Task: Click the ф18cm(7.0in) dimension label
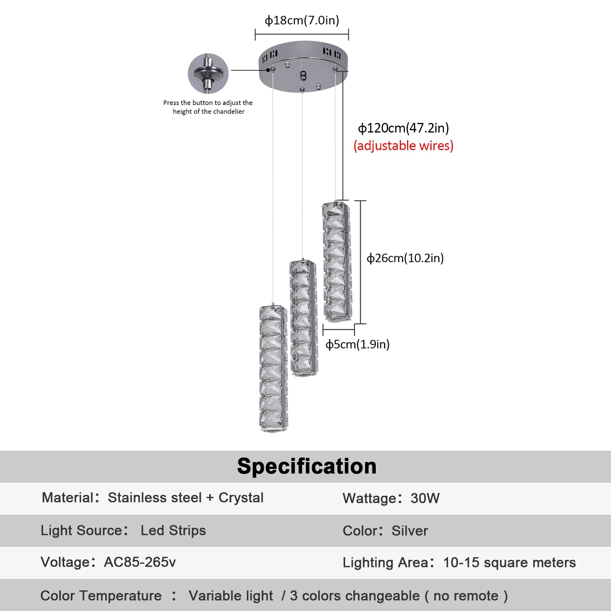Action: pos(302,20)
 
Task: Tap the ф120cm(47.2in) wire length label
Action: pos(403,128)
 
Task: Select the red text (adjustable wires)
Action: pos(403,146)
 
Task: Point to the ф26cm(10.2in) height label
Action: pos(405,258)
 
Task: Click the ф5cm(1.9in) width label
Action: pos(357,344)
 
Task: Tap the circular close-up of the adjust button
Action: pos(208,73)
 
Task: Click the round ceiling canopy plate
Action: pos(303,67)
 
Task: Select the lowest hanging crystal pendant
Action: pos(273,369)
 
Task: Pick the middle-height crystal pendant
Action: pos(304,318)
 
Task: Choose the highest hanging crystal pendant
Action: pos(336,262)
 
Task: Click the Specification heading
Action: pos(307,466)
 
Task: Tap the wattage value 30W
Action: pos(425,498)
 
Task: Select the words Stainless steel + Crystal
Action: pos(186,498)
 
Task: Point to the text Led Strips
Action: pos(173,530)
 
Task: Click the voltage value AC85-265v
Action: pos(140,562)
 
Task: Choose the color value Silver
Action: pos(410,531)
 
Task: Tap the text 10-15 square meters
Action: pos(509,563)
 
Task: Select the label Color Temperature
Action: pos(101,596)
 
